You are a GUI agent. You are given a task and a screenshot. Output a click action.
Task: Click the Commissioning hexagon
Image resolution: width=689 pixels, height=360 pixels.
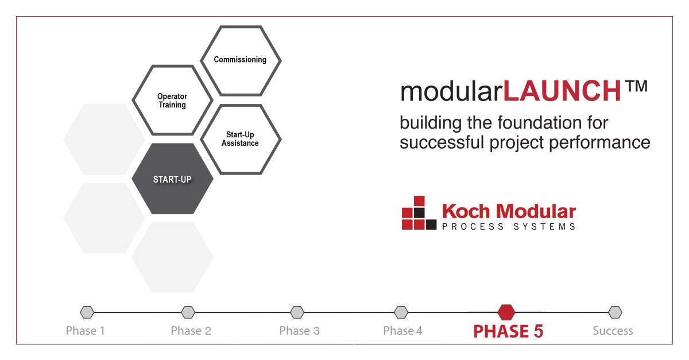[241, 60]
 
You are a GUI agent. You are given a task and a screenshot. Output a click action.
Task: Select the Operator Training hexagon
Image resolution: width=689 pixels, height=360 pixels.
[172, 100]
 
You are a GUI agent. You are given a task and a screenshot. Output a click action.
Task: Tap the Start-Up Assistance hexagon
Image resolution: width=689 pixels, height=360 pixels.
[241, 139]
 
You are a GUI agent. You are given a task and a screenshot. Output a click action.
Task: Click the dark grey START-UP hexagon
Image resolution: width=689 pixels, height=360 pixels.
[172, 179]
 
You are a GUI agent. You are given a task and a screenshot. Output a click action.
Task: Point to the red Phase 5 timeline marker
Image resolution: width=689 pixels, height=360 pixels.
[506, 312]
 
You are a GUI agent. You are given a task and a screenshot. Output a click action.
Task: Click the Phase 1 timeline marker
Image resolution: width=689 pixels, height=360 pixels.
[87, 312]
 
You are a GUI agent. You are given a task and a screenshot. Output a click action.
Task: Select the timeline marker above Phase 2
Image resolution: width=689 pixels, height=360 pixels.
[188, 312]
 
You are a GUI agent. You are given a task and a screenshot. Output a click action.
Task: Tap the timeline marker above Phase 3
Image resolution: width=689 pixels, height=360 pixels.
[297, 312]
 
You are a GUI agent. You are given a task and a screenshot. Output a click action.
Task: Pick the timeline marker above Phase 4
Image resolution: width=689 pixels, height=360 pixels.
[401, 312]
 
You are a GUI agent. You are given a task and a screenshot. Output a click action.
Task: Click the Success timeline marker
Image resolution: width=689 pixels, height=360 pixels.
[615, 312]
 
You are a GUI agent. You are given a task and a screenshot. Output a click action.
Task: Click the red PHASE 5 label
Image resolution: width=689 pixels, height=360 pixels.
[508, 331]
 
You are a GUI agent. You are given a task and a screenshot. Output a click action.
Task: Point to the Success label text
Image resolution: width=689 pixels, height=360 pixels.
[613, 331]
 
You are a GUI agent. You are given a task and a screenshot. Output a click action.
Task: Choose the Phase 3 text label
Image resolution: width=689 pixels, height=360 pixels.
[299, 331]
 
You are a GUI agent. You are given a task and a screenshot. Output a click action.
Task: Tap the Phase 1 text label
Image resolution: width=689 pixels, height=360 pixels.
[85, 331]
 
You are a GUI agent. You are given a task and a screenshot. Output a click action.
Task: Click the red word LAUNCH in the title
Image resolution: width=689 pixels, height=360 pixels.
[563, 91]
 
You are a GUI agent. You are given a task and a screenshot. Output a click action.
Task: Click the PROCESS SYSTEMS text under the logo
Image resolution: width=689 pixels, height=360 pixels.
[509, 226]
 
